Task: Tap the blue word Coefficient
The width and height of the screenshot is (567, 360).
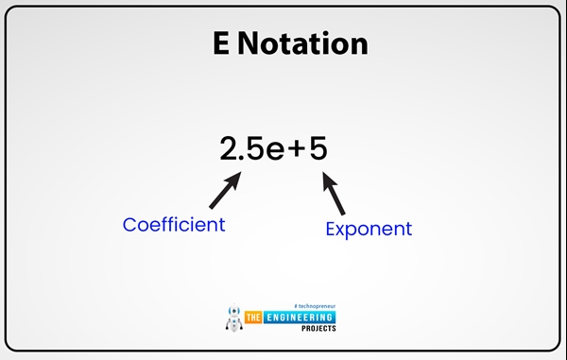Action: (174, 225)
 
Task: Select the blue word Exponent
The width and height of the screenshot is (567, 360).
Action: (369, 229)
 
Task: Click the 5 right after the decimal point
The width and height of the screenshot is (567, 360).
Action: (257, 149)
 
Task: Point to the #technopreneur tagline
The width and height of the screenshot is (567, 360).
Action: (315, 305)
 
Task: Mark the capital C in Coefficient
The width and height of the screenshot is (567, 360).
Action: (130, 225)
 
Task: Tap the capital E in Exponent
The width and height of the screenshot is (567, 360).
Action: (331, 228)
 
